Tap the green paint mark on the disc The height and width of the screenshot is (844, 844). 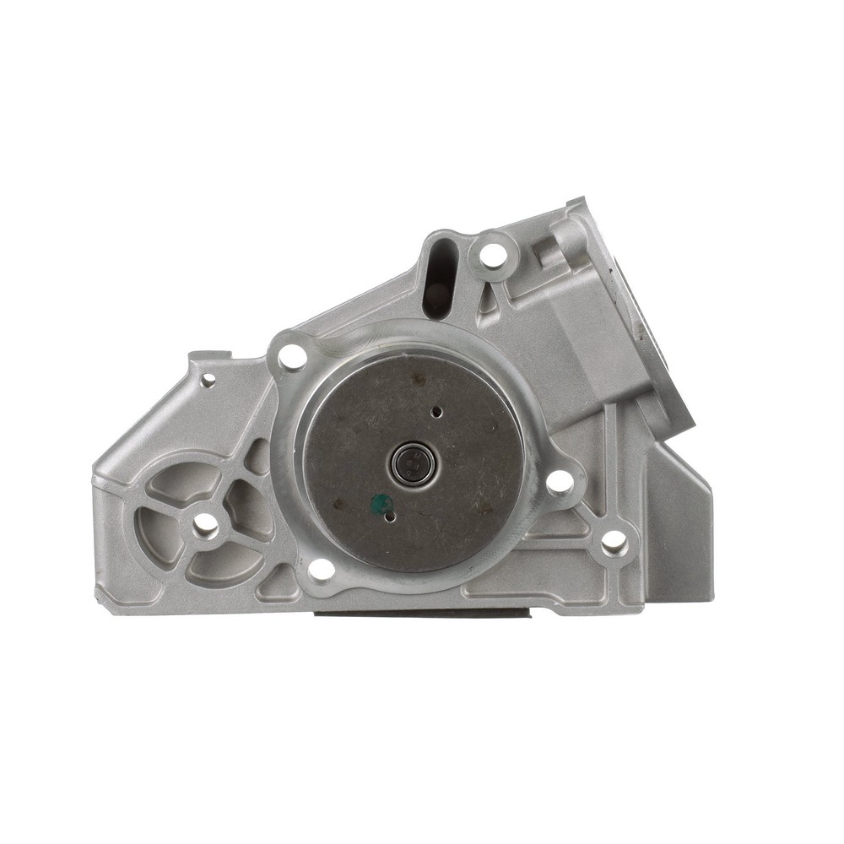point(381,504)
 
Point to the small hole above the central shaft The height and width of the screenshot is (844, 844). point(436,413)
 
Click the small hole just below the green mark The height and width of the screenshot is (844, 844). point(389,517)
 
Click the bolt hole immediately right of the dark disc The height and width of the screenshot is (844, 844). point(559,482)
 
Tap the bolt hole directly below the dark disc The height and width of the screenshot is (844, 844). point(321,569)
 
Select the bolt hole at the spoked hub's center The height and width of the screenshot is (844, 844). point(205,526)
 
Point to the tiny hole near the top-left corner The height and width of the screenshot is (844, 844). point(208,380)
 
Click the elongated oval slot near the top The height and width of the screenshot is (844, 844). point(438,274)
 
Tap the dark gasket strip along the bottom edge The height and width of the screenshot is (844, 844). point(422,612)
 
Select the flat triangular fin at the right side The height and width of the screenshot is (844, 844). point(679,523)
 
